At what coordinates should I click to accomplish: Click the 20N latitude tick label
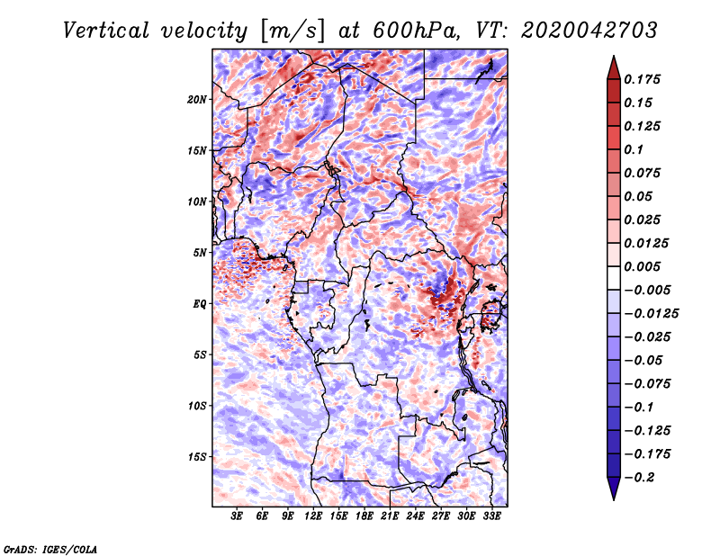tap(197, 99)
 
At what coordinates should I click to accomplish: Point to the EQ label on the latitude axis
tap(201, 303)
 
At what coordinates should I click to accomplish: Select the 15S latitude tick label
tap(197, 456)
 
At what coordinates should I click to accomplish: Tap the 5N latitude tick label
tap(200, 252)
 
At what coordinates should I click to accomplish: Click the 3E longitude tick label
tap(238, 516)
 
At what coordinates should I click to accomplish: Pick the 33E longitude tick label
tap(490, 516)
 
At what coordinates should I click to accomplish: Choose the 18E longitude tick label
tap(364, 516)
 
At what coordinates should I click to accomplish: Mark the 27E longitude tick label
tap(440, 516)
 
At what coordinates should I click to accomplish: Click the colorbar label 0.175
tap(643, 79)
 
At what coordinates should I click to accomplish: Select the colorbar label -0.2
tap(640, 477)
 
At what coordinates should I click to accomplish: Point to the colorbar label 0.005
tap(643, 266)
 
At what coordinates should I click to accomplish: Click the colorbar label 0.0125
tap(646, 243)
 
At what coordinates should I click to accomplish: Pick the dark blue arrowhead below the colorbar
tap(613, 490)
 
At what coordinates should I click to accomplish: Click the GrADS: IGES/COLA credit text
tap(49, 548)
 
